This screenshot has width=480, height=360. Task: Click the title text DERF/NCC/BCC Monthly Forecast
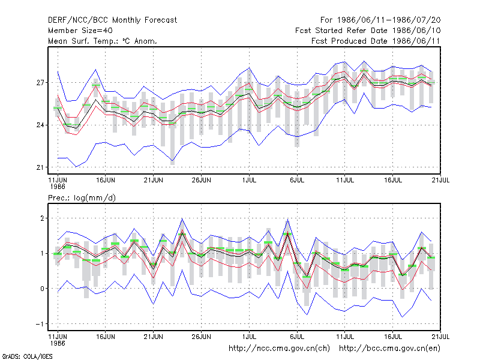pos(112,20)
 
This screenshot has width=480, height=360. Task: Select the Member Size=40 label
pos(80,31)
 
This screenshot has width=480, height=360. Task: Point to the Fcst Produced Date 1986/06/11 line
pos(376,41)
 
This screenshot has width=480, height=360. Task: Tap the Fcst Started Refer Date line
pos(368,31)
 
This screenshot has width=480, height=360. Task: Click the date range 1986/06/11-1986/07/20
pos(389,20)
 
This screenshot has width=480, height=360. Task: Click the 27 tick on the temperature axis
pos(40,83)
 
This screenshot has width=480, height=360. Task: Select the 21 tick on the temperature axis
pos(40,167)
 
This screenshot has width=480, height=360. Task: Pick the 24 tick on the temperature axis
pos(40,125)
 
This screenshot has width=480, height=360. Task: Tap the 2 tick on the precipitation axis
pos(42,218)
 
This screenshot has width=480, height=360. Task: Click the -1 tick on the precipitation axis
pos(40,324)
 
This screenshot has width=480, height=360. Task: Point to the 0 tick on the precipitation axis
pos(42,289)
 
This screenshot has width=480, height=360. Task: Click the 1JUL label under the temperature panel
pos(249,180)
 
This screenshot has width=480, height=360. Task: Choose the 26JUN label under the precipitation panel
pos(201,337)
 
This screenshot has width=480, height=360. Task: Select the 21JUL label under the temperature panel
pos(440,180)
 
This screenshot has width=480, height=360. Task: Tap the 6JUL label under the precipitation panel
pos(297,337)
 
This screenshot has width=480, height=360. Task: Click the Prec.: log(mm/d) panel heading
pos(82,198)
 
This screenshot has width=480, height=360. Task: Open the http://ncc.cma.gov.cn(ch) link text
pos(279,349)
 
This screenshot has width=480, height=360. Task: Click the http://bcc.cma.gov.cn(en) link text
pos(389,349)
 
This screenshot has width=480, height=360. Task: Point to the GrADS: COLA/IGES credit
pos(27,356)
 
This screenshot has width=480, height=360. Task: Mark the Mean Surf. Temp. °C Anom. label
pos(103,41)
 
